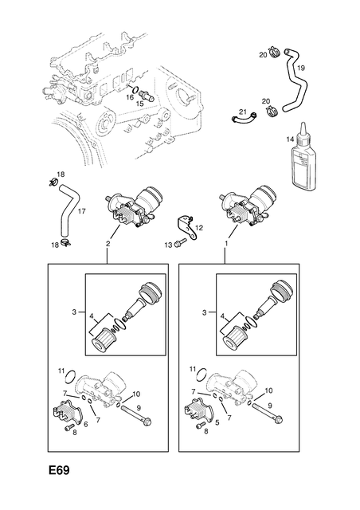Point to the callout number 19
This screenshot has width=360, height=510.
point(301,69)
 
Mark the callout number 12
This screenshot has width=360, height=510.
point(200,228)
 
